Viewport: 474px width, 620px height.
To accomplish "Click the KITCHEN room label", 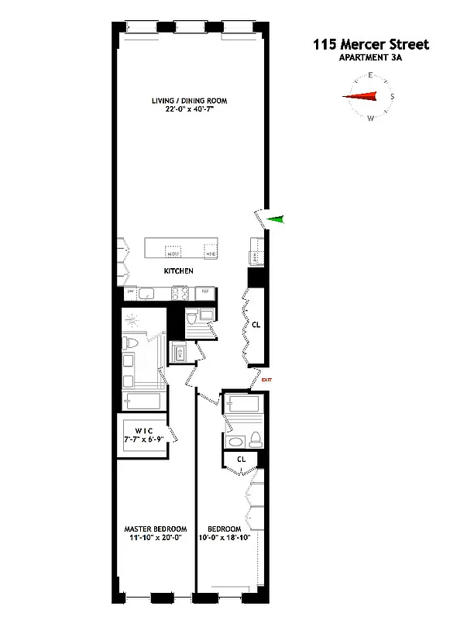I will click(178, 271).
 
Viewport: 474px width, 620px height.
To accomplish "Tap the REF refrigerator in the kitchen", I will click(205, 292).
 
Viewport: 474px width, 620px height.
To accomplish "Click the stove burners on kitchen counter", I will click(180, 292).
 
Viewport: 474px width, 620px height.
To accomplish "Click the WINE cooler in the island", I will click(210, 252).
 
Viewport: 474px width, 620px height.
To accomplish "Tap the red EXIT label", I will click(267, 380).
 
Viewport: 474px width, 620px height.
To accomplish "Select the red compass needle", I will click(362, 97).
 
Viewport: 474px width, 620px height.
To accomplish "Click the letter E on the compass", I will click(371, 75).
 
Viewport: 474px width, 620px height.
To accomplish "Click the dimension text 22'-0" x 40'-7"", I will click(184, 110).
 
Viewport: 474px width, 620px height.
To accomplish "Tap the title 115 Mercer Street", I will click(371, 45).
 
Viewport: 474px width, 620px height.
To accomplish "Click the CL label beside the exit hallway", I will click(256, 325).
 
